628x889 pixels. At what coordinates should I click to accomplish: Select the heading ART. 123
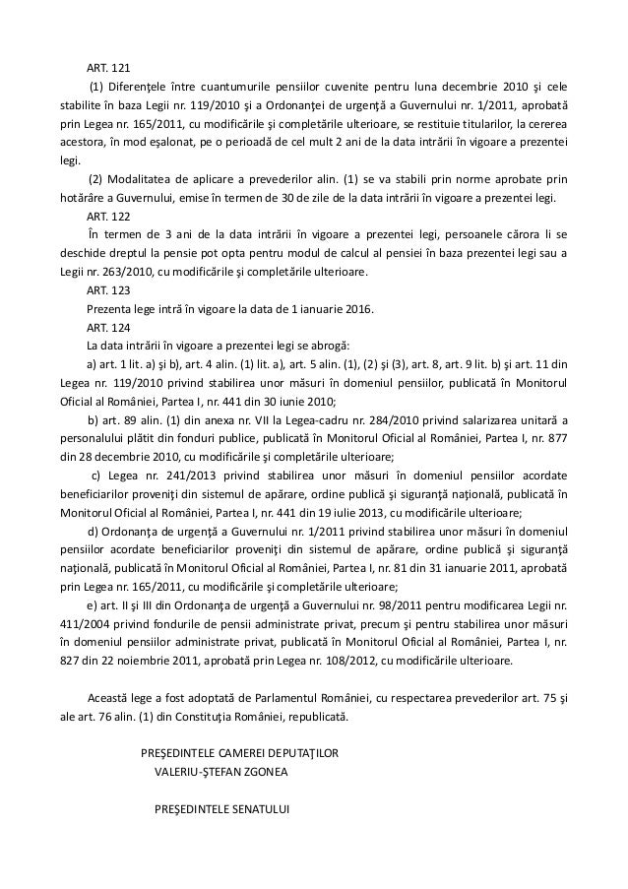click(107, 289)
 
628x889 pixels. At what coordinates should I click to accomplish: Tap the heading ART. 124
click(107, 327)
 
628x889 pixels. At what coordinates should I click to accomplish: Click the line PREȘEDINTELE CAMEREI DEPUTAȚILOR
click(239, 753)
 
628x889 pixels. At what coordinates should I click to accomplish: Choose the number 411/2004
click(80, 623)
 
